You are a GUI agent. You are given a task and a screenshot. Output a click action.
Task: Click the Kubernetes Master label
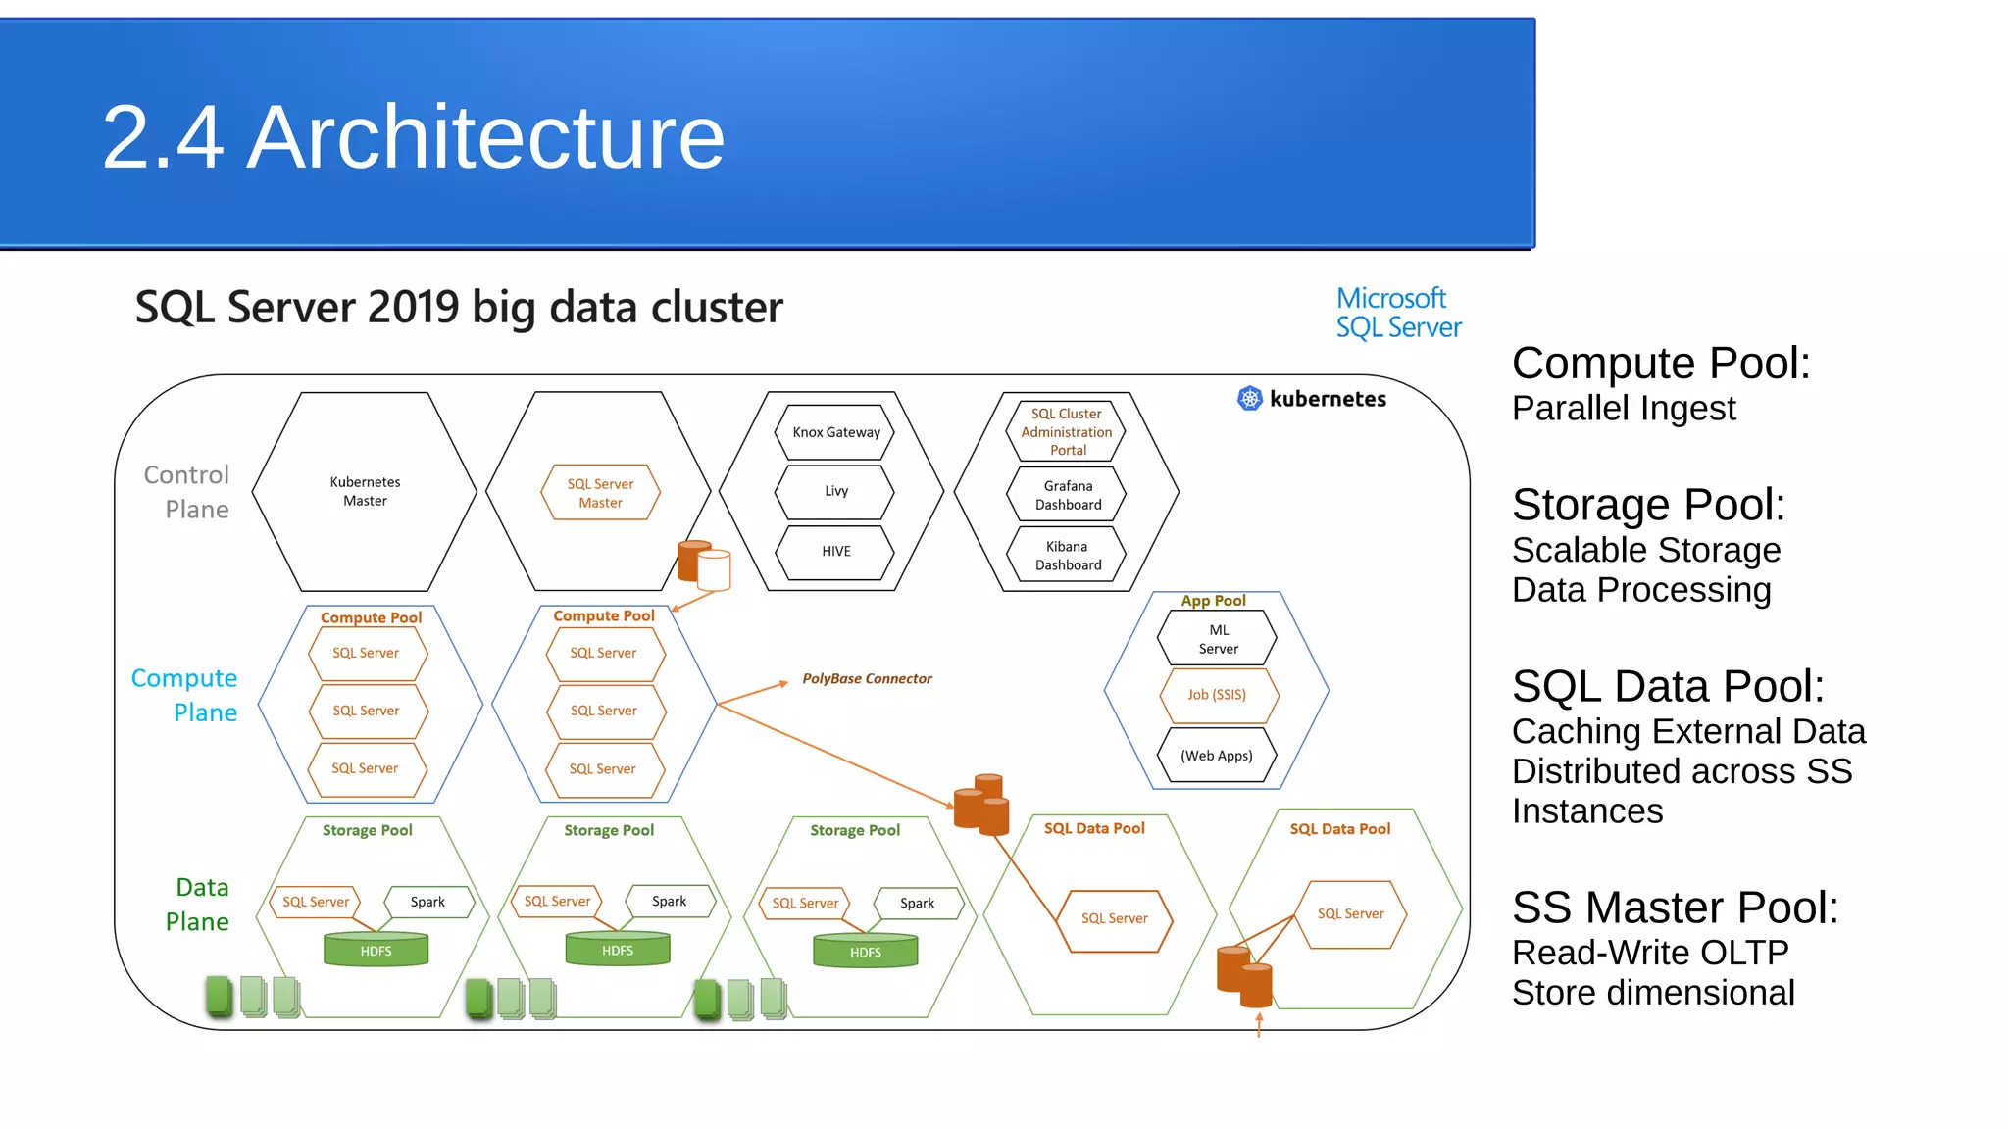[365, 491]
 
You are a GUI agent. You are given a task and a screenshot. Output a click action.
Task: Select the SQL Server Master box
[600, 492]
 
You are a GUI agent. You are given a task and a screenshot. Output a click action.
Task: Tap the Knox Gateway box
[835, 432]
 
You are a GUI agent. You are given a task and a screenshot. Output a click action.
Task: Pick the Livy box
[835, 491]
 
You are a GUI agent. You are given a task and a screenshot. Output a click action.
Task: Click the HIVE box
[835, 552]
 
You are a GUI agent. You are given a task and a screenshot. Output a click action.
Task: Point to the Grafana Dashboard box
[1067, 495]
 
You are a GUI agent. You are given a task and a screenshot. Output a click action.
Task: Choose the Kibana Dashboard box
[1067, 556]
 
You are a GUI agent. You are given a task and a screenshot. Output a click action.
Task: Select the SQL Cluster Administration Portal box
[1067, 431]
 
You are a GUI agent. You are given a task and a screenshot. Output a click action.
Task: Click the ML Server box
[1218, 639]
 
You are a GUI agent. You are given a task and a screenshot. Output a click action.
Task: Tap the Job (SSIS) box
[1218, 695]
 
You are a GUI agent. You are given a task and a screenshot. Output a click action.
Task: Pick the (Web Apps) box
[1217, 755]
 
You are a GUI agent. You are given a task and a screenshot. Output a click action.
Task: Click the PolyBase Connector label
[867, 678]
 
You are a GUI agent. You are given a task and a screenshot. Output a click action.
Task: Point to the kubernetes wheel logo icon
[1249, 398]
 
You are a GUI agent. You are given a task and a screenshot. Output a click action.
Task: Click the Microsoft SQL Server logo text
[1398, 313]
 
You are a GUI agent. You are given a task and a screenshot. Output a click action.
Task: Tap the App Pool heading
[1213, 601]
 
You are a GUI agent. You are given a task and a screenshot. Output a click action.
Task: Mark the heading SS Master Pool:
[1675, 908]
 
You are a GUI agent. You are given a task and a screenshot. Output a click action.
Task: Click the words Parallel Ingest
[1624, 409]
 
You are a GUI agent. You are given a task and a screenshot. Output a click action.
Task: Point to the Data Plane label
[197, 905]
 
